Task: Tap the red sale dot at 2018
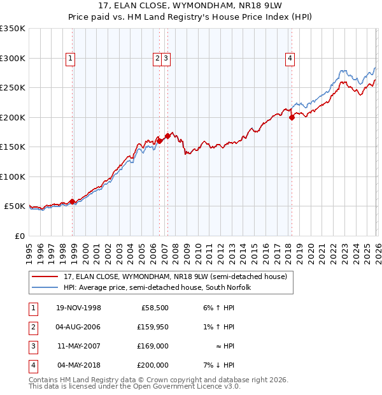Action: point(292,117)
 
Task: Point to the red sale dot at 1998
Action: point(73,201)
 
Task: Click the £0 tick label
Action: point(19,236)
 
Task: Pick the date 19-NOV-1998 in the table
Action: point(78,308)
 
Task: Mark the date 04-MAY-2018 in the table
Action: point(78,365)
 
